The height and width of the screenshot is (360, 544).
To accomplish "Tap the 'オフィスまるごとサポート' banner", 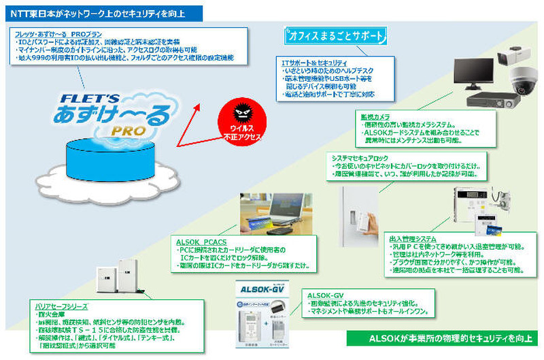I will coord(337,35).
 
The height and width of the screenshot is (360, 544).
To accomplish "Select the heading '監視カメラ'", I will coord(375,117).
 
